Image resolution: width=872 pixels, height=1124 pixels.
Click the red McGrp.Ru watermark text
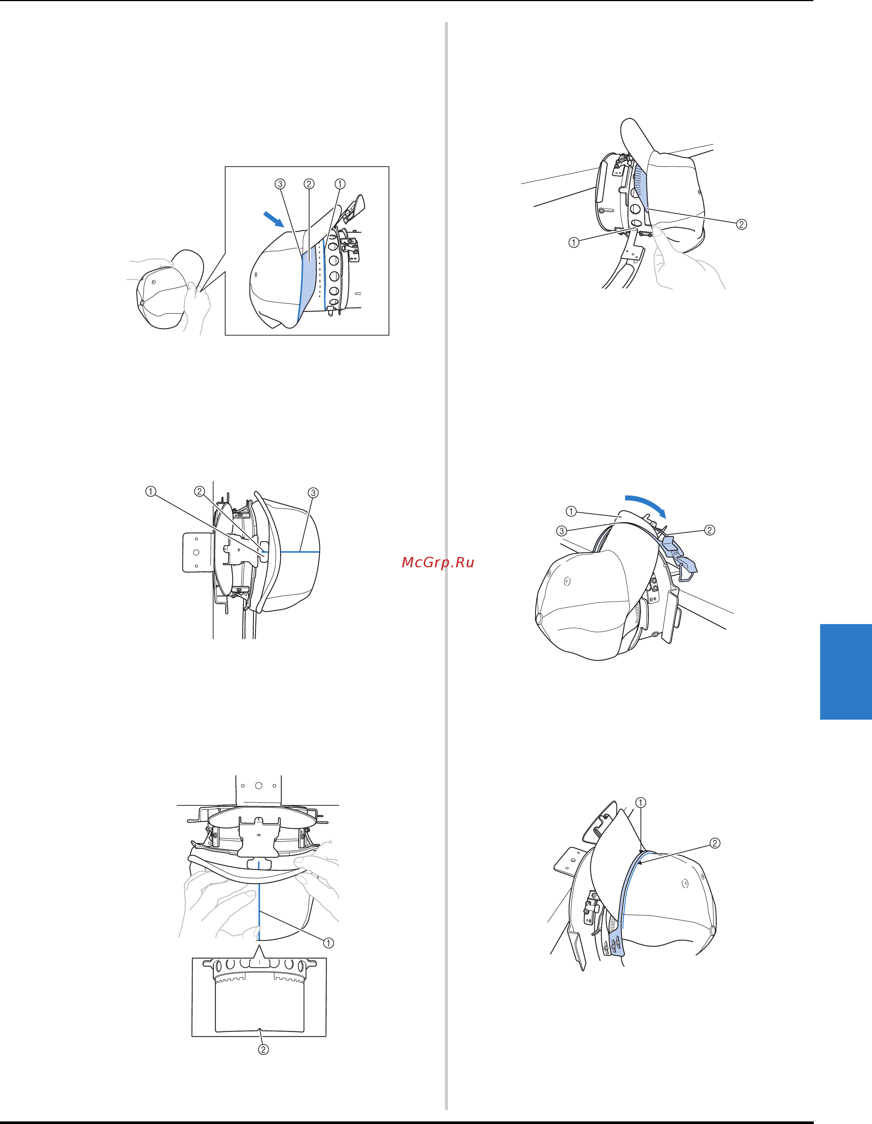click(438, 563)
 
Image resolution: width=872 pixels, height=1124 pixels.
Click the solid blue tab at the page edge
click(846, 672)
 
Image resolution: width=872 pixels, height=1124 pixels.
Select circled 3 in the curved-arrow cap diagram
click(561, 531)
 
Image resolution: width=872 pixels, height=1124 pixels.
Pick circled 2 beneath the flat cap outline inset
click(263, 1049)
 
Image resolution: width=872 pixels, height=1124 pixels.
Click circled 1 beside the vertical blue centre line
click(329, 943)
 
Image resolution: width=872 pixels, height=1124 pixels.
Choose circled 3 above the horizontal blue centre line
click(313, 493)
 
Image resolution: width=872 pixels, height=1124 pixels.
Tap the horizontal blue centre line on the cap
click(292, 551)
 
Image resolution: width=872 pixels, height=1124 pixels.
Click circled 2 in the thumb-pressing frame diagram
click(741, 225)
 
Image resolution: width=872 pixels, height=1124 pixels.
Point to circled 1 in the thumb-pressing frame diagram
click(574, 242)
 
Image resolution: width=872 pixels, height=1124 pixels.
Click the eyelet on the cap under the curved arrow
click(567, 582)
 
